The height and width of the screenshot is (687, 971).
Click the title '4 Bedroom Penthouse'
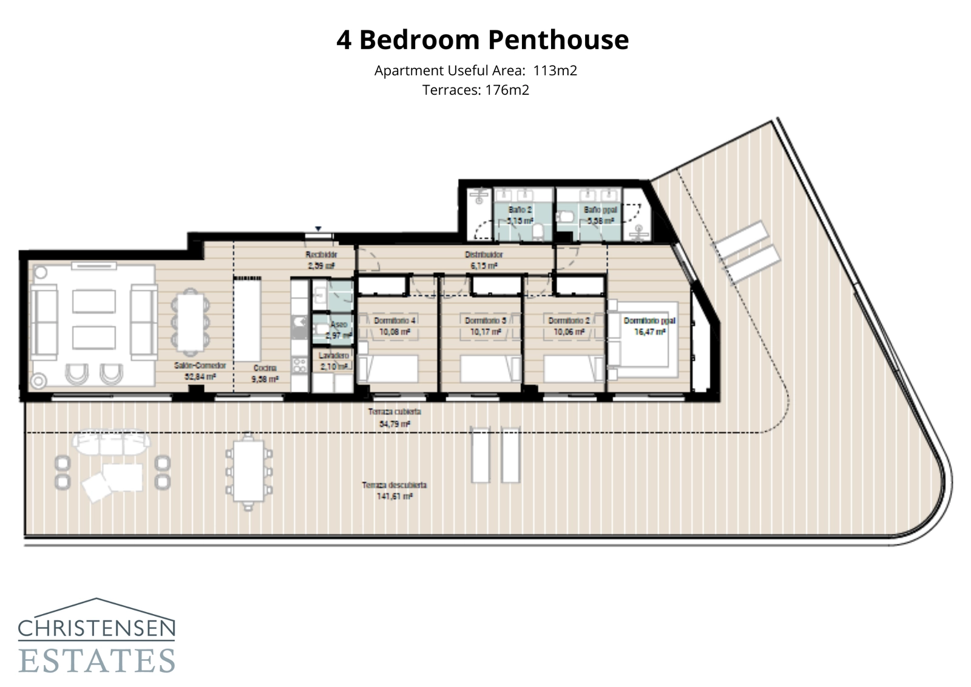482,40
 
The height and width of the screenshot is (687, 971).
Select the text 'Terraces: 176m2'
476,91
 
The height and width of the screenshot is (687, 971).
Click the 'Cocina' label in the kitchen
265,368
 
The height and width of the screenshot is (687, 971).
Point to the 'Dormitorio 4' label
394,321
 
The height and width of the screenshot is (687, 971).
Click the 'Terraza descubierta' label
394,485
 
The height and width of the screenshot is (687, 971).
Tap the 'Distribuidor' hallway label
484,255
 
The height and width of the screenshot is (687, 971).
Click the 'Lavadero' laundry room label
333,355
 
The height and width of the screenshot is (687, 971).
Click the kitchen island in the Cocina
248,319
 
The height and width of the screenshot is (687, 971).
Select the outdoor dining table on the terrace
248,471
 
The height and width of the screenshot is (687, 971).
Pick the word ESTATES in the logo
97,661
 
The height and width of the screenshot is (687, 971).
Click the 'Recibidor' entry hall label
321,255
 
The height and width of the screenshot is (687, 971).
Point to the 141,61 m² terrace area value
394,496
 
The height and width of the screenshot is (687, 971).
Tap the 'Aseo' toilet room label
339,325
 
